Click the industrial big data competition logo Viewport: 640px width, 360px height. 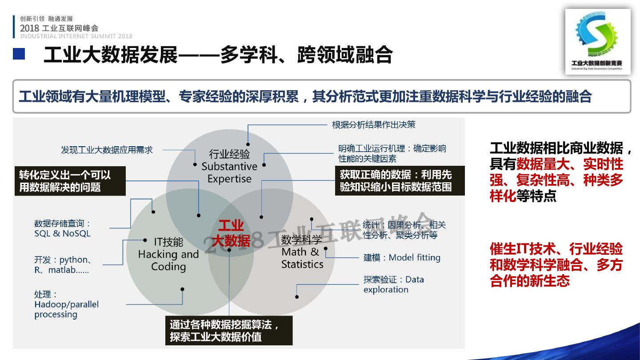598,40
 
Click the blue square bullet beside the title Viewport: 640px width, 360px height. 19,54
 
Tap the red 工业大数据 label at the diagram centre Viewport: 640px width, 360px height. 231,233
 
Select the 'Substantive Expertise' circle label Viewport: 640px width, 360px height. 229,167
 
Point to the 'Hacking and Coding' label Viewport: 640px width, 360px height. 168,254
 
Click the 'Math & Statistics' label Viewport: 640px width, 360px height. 302,252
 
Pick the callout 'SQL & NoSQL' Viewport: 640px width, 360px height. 62,228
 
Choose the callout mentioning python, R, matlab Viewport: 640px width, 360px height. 63,264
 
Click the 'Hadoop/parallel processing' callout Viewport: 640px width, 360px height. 66,304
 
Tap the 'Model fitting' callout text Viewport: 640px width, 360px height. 402,258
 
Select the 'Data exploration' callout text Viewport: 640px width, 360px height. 393,284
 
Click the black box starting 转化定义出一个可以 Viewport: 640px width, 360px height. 69,181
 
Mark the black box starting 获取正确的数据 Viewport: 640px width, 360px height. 400,180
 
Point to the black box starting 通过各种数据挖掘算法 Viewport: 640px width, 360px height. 228,331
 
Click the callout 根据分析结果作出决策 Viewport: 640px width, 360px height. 373,125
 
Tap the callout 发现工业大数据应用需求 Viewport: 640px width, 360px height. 107,150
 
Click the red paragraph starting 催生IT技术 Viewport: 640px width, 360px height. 556,265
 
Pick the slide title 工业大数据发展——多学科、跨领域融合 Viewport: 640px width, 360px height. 218,55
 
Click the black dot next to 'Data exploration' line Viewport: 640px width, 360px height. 297,296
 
